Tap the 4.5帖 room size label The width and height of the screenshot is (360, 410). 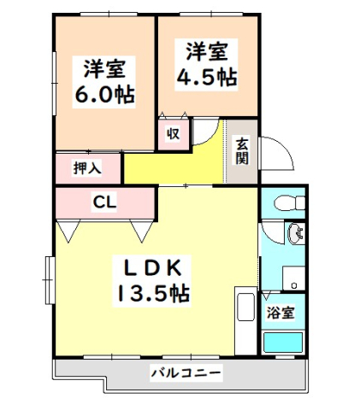[x=206, y=76]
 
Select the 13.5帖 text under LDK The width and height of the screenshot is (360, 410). [x=153, y=293]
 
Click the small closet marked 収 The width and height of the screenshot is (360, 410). [x=173, y=134]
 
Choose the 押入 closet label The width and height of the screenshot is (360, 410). [x=87, y=168]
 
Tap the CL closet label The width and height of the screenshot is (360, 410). [x=104, y=202]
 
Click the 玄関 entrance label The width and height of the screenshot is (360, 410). [x=241, y=151]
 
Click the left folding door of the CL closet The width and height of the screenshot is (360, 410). [x=68, y=229]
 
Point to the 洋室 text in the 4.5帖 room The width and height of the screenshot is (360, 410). [x=206, y=51]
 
